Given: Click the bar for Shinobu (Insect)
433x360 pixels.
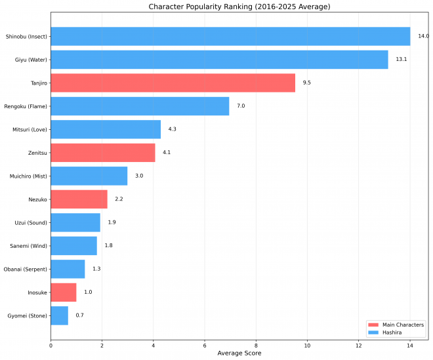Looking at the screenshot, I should (x=230, y=37).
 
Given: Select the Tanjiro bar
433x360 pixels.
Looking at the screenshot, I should (x=173, y=83).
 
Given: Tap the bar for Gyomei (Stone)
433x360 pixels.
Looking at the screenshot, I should (x=59, y=315).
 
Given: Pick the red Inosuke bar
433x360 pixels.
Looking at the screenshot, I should (x=64, y=292).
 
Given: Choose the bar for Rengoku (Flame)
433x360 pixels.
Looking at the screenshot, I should (x=140, y=106).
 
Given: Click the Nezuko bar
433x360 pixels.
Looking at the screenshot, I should (x=79, y=199).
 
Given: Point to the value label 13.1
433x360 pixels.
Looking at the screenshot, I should (x=401, y=60).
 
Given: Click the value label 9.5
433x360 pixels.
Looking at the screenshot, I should (x=306, y=83).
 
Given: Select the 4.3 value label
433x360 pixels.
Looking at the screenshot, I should (x=172, y=129).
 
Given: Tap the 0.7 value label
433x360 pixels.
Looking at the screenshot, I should (x=79, y=315).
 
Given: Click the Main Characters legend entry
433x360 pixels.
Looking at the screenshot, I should (x=396, y=325).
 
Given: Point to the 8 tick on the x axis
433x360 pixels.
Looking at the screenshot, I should (x=256, y=345).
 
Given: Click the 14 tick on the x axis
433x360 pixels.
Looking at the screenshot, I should (x=410, y=345).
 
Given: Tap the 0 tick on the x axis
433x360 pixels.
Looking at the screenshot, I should (x=51, y=345).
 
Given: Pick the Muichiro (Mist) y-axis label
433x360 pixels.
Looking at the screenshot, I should (x=28, y=176).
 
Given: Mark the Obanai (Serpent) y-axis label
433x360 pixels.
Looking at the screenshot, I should (x=26, y=269).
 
